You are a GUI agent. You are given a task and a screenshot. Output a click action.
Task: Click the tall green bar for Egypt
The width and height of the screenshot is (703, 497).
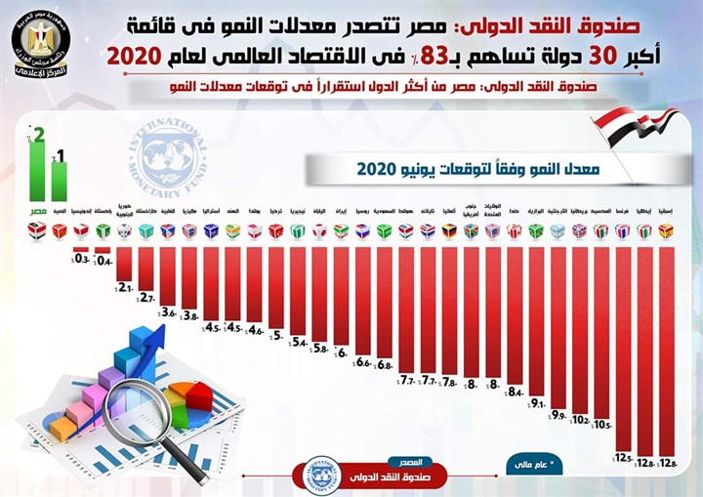point(38,173)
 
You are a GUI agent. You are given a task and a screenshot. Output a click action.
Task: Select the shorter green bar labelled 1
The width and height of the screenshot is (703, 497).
point(60,183)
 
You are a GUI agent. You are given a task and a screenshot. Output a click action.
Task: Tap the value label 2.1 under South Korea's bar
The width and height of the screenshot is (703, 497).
point(125,286)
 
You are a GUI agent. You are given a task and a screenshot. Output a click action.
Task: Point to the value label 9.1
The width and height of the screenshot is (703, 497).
point(536,402)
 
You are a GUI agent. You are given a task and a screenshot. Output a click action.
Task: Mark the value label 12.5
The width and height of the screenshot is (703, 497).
point(622,457)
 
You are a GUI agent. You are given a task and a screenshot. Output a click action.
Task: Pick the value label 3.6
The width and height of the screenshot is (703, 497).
point(168,312)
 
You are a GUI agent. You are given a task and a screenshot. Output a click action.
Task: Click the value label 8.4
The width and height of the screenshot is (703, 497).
point(515,391)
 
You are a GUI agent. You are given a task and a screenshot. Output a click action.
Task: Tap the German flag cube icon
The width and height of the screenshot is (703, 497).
point(449,231)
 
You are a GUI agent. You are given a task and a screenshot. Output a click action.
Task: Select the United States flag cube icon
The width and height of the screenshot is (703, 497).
point(492,231)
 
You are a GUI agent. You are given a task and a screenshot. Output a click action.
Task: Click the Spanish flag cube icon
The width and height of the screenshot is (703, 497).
point(666,231)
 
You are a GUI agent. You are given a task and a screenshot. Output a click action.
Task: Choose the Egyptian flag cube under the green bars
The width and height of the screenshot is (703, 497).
point(38,231)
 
